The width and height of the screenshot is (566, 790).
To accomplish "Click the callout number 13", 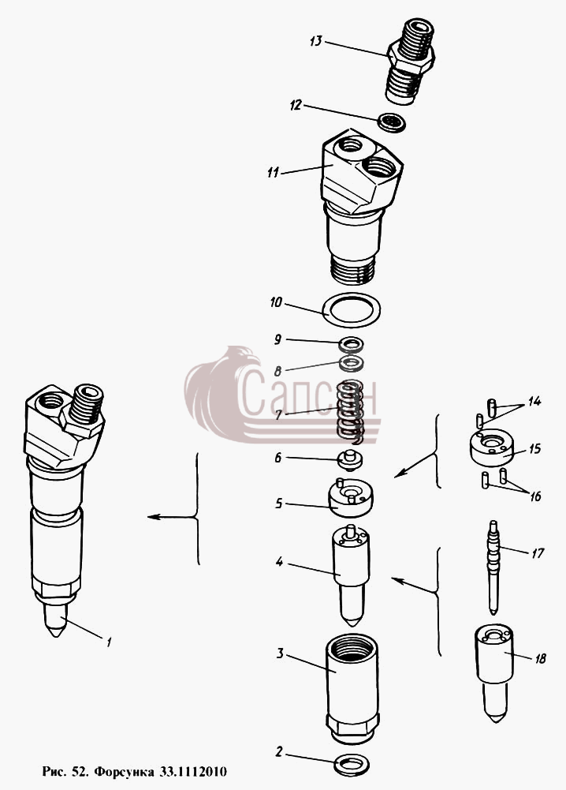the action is pyautogui.click(x=315, y=40).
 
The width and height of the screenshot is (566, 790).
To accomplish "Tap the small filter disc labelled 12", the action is pyautogui.click(x=392, y=123).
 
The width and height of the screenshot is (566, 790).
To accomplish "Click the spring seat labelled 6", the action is pyautogui.click(x=350, y=460).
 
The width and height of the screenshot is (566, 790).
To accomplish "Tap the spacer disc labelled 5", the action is pyautogui.click(x=350, y=498).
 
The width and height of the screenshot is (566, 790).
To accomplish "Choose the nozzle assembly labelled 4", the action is pyautogui.click(x=350, y=572).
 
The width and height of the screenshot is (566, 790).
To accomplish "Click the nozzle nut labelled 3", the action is pyautogui.click(x=352, y=688).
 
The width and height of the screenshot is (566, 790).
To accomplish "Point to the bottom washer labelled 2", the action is pyautogui.click(x=351, y=765).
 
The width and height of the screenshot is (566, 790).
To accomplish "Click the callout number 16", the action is pyautogui.click(x=535, y=496).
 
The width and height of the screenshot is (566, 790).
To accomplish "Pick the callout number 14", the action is pyautogui.click(x=534, y=401).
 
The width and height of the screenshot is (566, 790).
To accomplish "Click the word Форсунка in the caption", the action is pyautogui.click(x=125, y=771).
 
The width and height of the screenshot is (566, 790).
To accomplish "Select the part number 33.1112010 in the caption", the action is pyautogui.click(x=193, y=771).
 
